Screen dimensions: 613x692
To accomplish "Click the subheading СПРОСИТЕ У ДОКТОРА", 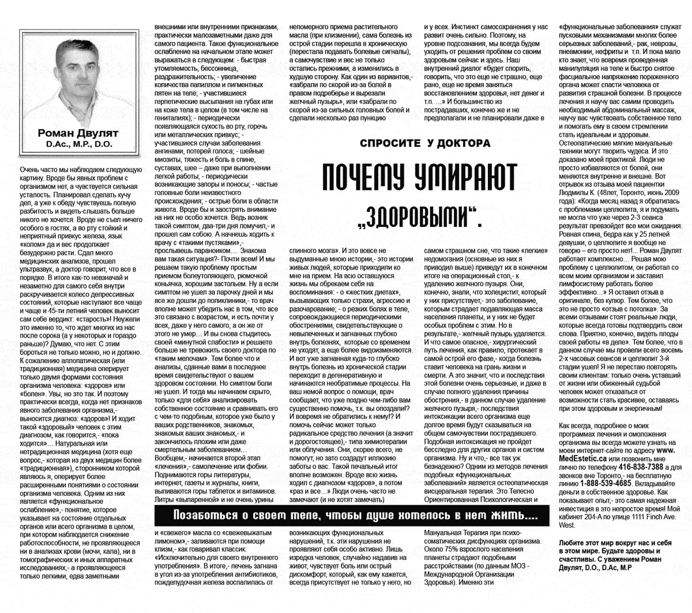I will pyautogui.click(x=425, y=143).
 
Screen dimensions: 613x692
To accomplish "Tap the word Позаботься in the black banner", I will pyautogui.click(x=204, y=515).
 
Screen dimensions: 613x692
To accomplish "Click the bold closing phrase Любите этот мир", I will pyautogui.click(x=585, y=543).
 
